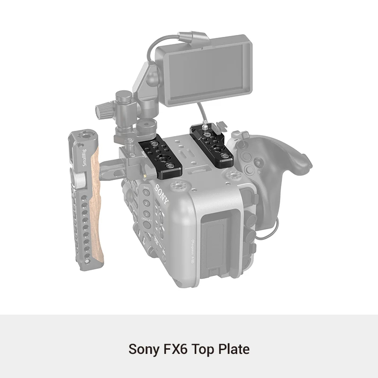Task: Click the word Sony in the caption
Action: pyautogui.click(x=144, y=349)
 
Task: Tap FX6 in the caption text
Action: pyautogui.click(x=174, y=349)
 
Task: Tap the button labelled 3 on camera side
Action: pyautogui.click(x=148, y=214)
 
